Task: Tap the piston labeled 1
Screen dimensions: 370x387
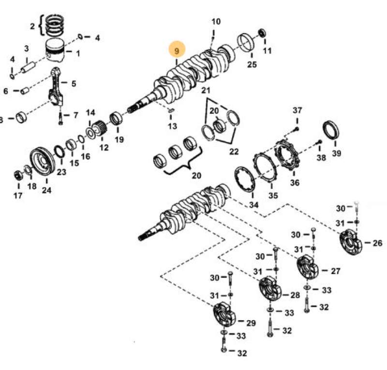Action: coord(59,50)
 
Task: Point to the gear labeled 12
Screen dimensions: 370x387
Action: coord(101,128)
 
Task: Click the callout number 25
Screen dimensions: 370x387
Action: coord(252,64)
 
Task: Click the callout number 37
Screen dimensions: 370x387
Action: coord(297,111)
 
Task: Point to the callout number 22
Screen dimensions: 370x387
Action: coord(234,152)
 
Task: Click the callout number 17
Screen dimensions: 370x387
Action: coord(18,196)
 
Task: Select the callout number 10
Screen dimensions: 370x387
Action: coord(216,21)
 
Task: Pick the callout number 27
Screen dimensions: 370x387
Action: coord(335,271)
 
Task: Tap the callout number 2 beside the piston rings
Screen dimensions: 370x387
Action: coord(32,26)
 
